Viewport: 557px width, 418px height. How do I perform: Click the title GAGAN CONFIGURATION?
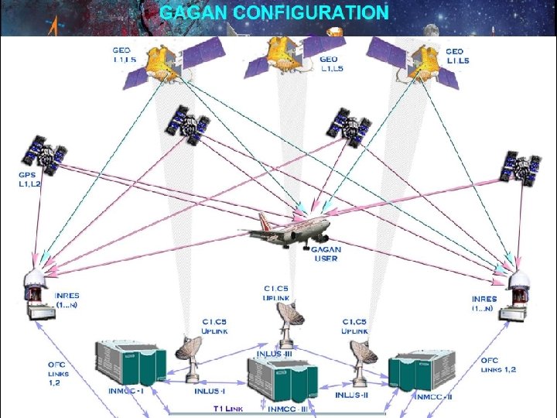click(274, 13)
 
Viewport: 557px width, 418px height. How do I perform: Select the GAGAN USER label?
click(326, 254)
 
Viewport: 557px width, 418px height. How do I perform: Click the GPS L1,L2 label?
click(30, 181)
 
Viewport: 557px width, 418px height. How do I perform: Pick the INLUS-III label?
click(275, 354)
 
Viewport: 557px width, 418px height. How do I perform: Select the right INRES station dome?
click(518, 283)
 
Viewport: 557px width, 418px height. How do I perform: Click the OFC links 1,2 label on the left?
click(58, 373)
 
